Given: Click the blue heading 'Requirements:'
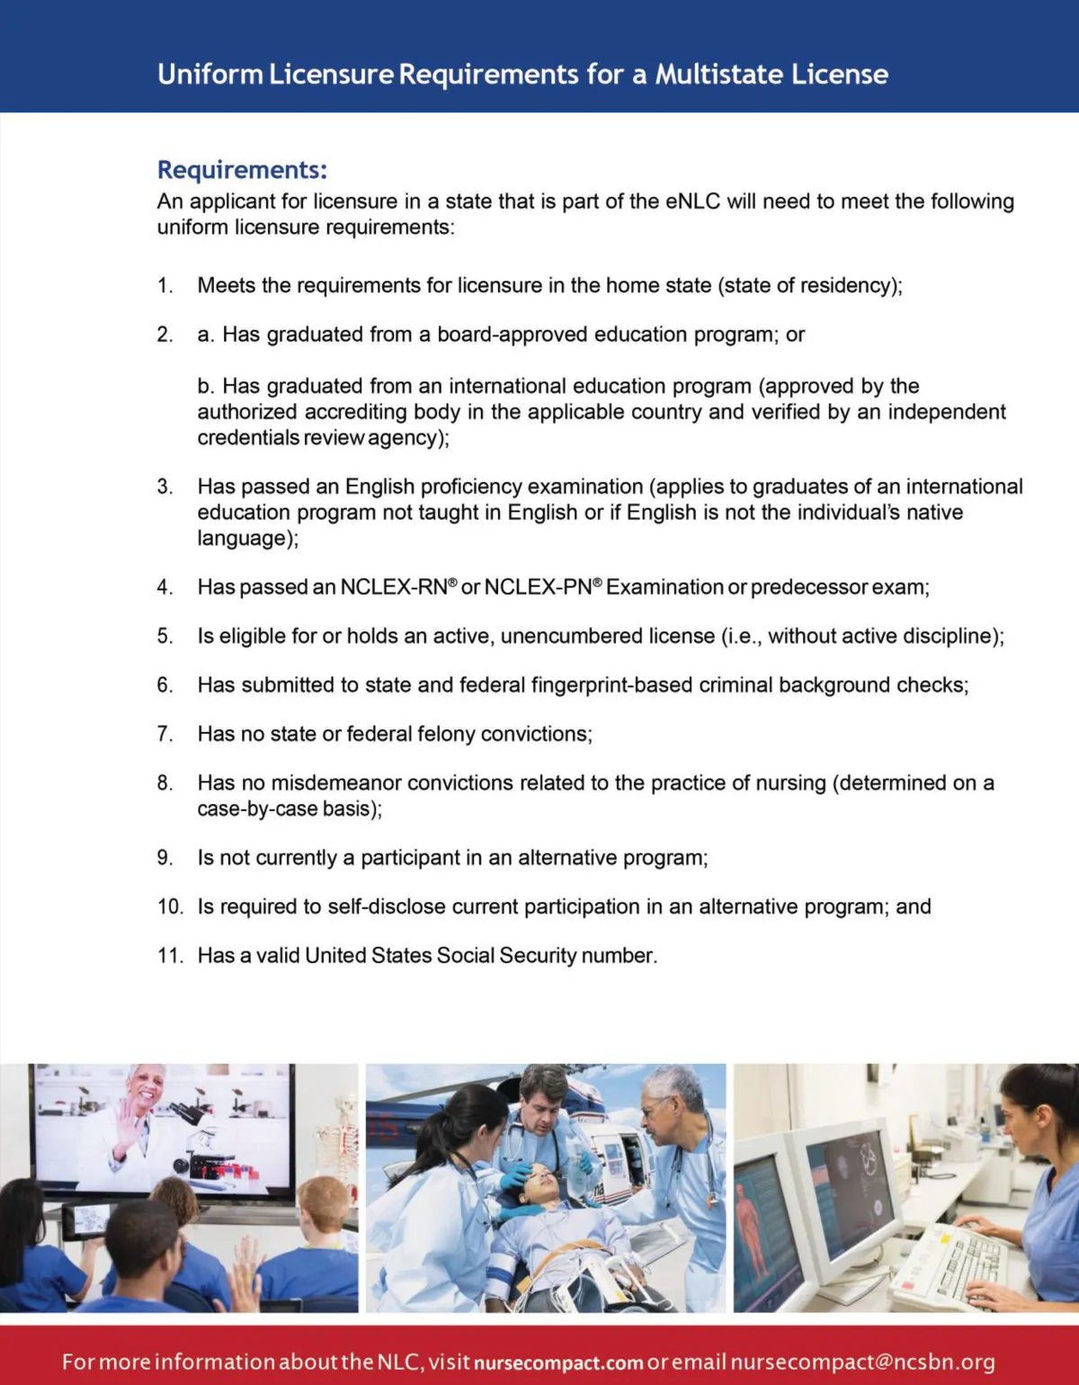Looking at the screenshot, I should point(242,170).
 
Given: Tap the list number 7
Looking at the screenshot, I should point(165,734).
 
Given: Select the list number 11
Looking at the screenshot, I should point(170,955).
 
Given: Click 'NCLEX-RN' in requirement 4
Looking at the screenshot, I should point(394,587).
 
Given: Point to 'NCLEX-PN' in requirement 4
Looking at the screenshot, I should point(538,587).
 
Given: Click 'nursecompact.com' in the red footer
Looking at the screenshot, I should point(558,1363).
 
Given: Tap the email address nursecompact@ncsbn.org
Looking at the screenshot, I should point(862,1363).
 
